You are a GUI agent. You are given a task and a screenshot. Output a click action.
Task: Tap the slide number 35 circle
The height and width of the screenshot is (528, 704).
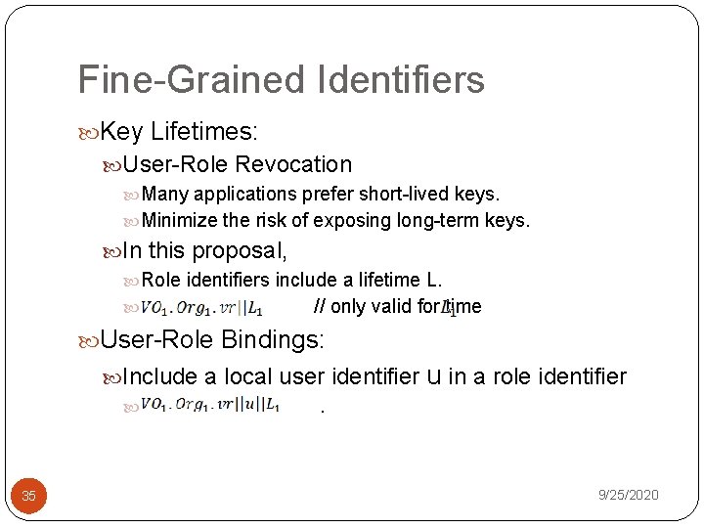[28, 496]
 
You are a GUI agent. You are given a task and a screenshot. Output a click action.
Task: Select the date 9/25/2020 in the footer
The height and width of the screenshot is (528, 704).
[628, 495]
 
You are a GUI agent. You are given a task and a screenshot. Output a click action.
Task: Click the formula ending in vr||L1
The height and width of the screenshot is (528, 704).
[200, 307]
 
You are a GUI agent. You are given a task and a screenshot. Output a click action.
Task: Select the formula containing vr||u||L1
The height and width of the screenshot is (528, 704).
[210, 405]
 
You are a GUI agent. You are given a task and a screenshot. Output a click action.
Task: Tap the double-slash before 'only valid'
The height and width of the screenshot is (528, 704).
[319, 306]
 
